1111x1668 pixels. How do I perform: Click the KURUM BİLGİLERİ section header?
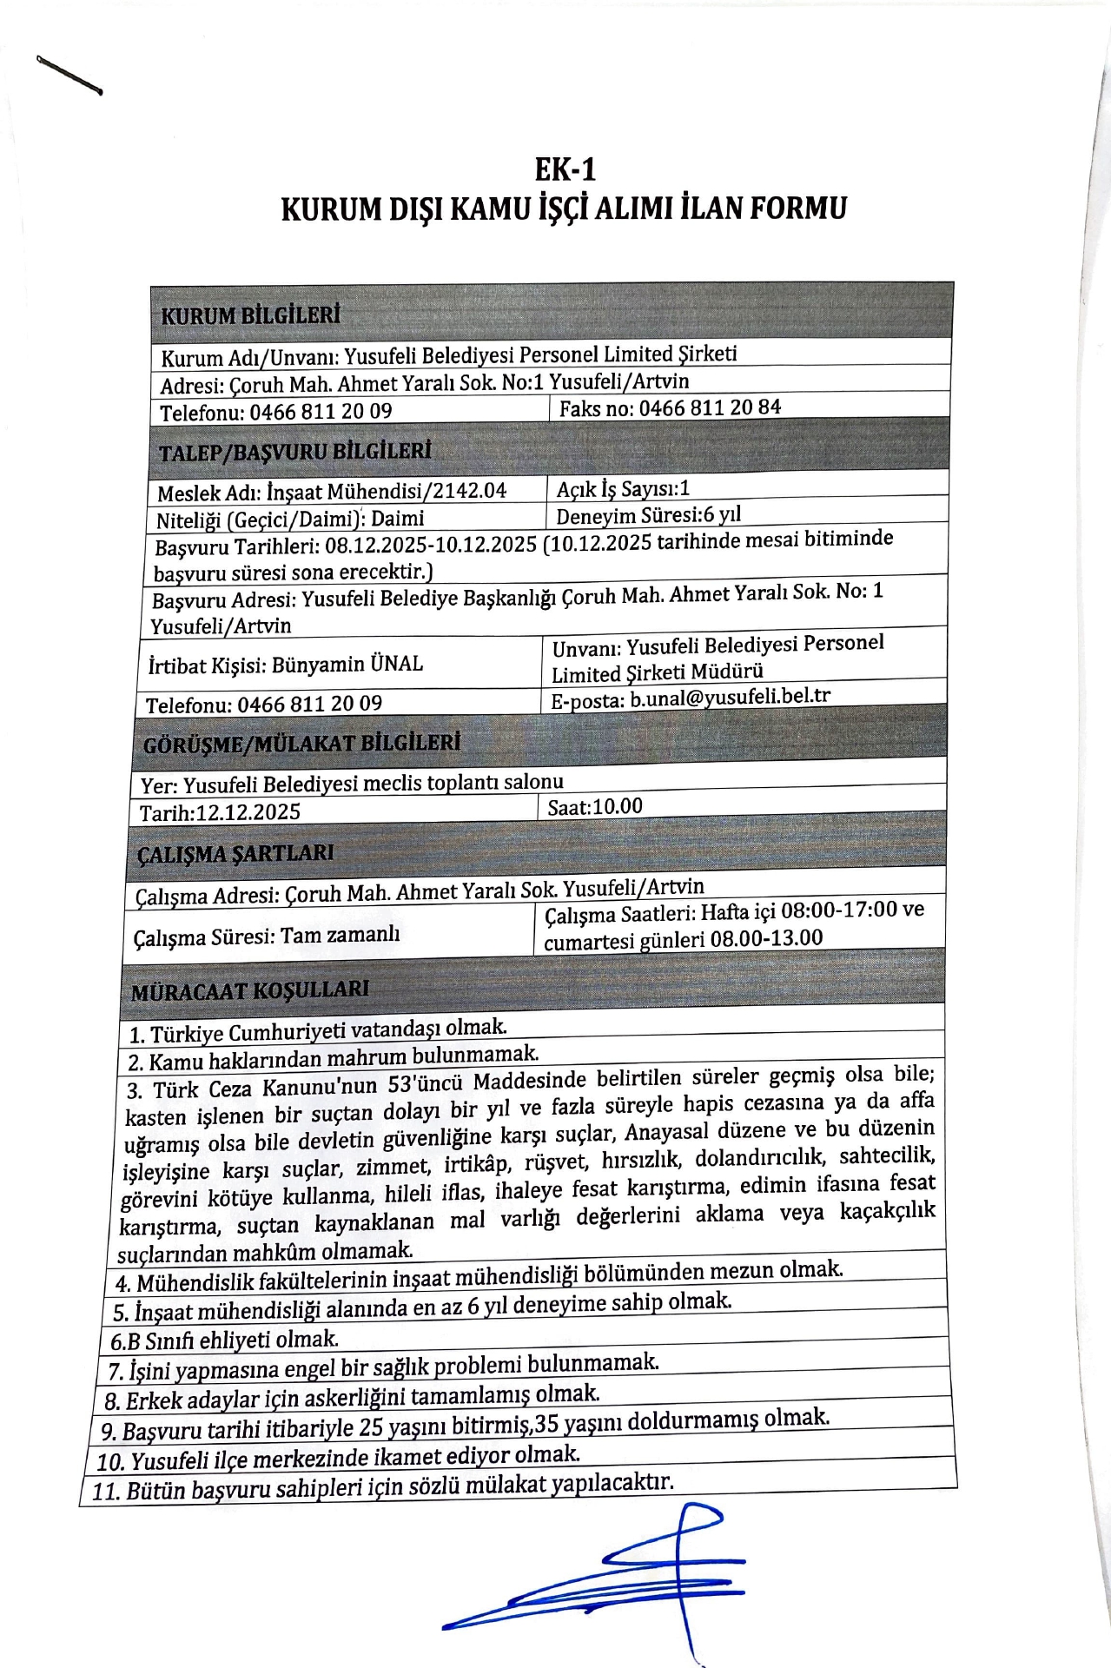[251, 314]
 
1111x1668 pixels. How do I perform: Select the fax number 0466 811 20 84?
[710, 407]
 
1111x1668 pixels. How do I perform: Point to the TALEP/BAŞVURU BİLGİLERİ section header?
[294, 452]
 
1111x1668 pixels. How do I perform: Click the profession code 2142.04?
[470, 491]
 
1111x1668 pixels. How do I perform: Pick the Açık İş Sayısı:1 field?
[623, 489]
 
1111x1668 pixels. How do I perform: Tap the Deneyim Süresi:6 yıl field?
[648, 515]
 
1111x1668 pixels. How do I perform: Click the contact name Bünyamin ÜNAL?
[347, 665]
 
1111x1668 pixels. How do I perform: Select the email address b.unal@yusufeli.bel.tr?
[730, 698]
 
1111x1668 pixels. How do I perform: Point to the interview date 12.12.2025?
[248, 812]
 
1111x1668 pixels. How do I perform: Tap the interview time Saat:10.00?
[595, 807]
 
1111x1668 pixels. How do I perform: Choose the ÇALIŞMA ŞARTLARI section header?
[235, 854]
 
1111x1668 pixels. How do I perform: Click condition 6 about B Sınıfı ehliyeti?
[224, 1340]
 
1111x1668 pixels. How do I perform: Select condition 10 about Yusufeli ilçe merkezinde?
[338, 1457]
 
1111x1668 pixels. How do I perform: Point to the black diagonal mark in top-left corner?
[69, 75]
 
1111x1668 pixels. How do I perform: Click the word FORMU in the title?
[798, 208]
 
